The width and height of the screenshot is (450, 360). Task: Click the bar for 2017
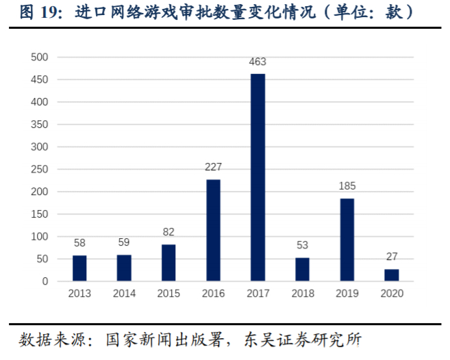pyautogui.click(x=258, y=177)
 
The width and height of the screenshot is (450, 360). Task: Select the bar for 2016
pyautogui.click(x=213, y=230)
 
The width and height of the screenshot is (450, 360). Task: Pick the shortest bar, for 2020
pyautogui.click(x=392, y=275)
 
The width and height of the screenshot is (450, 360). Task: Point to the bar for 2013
pyautogui.click(x=79, y=268)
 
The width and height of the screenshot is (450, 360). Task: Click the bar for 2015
pyautogui.click(x=168, y=263)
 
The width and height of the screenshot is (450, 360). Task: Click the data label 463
pyautogui.click(x=258, y=62)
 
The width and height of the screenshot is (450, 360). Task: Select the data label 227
pyautogui.click(x=213, y=168)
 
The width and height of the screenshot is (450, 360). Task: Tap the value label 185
pyautogui.click(x=347, y=186)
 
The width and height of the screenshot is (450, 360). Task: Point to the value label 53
pyautogui.click(x=302, y=246)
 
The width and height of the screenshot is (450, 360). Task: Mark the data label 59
pyautogui.click(x=124, y=242)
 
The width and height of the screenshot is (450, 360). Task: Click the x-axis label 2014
pyautogui.click(x=124, y=293)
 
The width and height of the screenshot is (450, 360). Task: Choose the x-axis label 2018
pyautogui.click(x=302, y=293)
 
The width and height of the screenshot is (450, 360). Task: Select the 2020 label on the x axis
pyautogui.click(x=392, y=293)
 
